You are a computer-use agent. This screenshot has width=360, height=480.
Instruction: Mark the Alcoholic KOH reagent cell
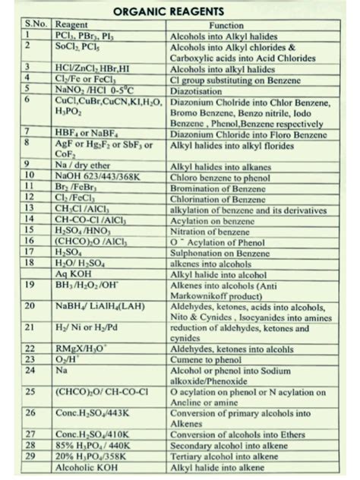pyautogui.click(x=83, y=469)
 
